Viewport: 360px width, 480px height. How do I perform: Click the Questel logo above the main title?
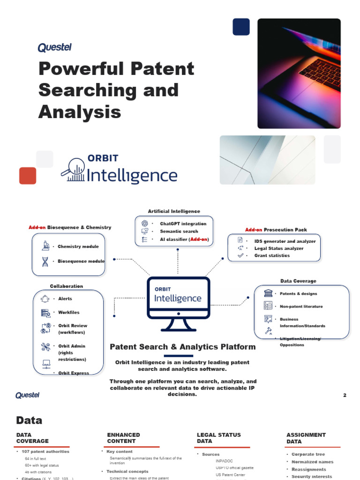tap(54, 47)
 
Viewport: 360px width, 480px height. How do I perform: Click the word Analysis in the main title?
tap(80, 112)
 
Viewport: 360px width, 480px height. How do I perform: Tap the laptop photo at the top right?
tap(299, 73)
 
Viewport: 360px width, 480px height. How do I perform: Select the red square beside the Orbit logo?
tap(28, 176)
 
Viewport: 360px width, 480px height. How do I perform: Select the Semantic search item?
tap(179, 231)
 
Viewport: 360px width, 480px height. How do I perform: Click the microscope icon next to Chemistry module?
tap(45, 246)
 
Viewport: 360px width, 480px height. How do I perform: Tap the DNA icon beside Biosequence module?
tap(45, 261)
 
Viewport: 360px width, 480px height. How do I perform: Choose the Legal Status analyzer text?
tap(278, 248)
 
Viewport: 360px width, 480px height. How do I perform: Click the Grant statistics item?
tap(272, 255)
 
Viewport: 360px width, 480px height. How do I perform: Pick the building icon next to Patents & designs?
tap(268, 293)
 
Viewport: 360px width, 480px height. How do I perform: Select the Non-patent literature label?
tap(301, 306)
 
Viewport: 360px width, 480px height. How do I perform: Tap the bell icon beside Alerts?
tap(45, 299)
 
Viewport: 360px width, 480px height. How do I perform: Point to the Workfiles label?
tap(68, 312)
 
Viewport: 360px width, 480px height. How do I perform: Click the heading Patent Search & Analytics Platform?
tap(182, 347)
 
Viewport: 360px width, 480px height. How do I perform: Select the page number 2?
tap(345, 396)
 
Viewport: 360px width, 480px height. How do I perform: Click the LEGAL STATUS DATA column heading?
tap(219, 438)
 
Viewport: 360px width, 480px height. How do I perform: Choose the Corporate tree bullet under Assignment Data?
tap(308, 454)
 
